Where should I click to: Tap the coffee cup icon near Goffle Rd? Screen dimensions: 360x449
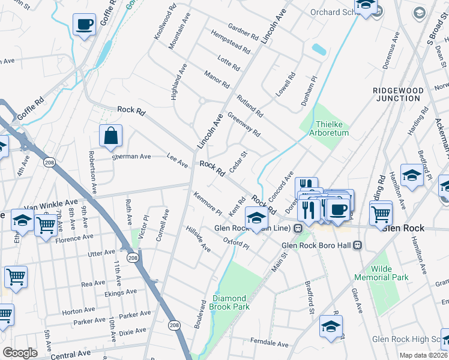point(84,25)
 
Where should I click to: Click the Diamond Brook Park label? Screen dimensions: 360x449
point(228,302)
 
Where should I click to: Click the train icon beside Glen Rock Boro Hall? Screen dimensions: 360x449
point(358,245)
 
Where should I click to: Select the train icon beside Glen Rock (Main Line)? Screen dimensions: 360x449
point(297,229)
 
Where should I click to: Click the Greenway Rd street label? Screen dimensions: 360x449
point(244,124)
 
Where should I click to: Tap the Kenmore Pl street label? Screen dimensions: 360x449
point(208,204)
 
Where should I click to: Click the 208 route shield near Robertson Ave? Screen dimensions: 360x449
point(49,161)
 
